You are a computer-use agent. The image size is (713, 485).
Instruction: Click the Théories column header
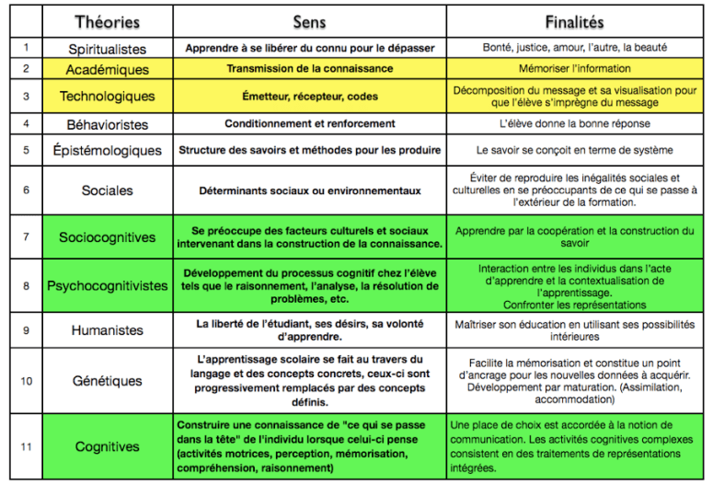click(x=106, y=20)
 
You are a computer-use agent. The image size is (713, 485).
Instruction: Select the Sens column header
click(x=309, y=20)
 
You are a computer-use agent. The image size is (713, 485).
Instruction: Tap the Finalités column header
click(x=574, y=20)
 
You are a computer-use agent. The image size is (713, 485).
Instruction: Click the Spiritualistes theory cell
click(x=107, y=48)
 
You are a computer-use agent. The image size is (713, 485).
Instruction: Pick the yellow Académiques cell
click(x=107, y=69)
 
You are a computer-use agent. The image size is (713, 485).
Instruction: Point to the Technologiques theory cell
click(x=107, y=96)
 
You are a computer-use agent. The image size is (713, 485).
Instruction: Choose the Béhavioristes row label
click(x=107, y=123)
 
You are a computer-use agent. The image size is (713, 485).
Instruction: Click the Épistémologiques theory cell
click(x=107, y=150)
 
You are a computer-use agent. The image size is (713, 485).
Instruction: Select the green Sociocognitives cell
click(x=107, y=237)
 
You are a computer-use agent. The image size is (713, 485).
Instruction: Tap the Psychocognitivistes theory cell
click(x=107, y=285)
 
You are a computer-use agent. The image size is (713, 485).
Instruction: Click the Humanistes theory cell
click(x=107, y=329)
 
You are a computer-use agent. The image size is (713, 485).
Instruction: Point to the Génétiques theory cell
click(x=107, y=381)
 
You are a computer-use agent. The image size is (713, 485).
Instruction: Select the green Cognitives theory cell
click(x=107, y=446)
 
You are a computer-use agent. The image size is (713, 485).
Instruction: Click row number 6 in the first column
click(x=27, y=190)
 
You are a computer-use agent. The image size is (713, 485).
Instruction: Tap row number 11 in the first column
click(x=27, y=446)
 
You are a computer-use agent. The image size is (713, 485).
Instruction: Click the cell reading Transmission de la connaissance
click(x=309, y=69)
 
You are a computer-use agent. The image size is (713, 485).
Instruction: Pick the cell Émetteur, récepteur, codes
click(x=309, y=96)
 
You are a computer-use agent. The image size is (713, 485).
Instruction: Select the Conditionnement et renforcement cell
click(x=309, y=123)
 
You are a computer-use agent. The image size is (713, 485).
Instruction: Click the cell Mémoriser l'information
click(x=574, y=69)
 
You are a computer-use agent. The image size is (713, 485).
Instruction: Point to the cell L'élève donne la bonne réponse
click(x=574, y=123)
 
